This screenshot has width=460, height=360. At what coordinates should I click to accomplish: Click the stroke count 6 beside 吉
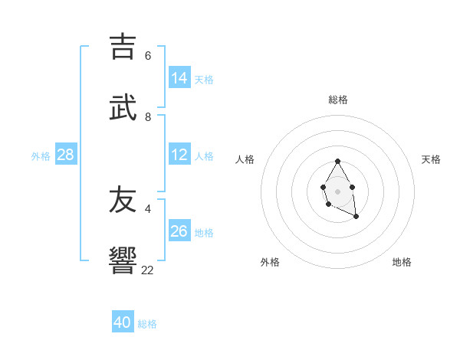click(x=148, y=56)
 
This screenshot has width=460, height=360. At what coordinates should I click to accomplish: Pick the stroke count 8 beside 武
click(x=148, y=116)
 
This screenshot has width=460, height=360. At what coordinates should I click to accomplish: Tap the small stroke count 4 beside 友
click(x=148, y=208)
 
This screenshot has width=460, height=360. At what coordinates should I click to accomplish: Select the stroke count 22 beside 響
click(x=148, y=270)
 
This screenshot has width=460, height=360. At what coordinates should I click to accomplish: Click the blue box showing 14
click(x=179, y=77)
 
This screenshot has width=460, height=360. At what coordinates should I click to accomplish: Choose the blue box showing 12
click(x=179, y=155)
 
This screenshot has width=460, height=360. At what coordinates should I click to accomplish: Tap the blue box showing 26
click(x=179, y=231)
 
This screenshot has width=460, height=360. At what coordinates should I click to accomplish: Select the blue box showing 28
click(x=66, y=155)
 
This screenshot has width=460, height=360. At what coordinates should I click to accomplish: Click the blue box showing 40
click(x=123, y=322)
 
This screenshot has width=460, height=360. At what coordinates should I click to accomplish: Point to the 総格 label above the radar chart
click(x=338, y=100)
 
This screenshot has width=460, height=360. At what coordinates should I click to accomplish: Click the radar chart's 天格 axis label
click(x=431, y=159)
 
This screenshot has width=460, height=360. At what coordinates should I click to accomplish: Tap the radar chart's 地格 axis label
click(x=402, y=262)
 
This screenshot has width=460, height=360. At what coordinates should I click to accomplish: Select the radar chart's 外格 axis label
click(x=270, y=262)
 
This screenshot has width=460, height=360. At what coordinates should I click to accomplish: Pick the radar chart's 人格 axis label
click(x=245, y=159)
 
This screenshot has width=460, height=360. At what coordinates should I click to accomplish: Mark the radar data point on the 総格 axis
click(x=338, y=161)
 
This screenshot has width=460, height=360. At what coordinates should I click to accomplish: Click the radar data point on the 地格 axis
click(x=356, y=217)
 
